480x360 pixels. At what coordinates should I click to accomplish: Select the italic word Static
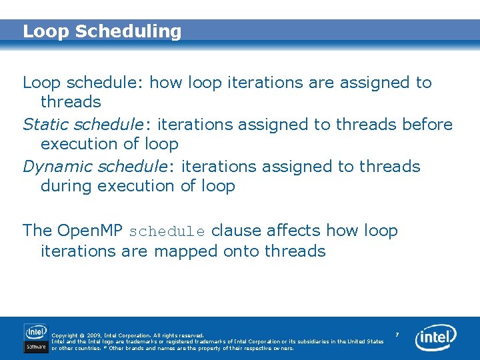click(46, 125)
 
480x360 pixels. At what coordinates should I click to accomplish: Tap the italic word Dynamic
click(57, 166)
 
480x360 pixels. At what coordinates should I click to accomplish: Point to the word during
click(67, 186)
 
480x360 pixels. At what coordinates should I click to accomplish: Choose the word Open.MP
click(90, 231)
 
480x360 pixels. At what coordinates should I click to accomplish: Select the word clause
click(236, 231)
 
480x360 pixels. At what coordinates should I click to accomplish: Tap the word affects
click(294, 231)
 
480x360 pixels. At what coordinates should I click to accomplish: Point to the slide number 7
click(397, 334)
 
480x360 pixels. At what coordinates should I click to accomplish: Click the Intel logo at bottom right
click(436, 338)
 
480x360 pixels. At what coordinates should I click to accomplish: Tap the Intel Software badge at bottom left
click(36, 338)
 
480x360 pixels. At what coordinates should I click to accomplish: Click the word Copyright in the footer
click(64, 335)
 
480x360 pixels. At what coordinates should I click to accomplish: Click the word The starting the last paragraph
click(37, 231)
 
